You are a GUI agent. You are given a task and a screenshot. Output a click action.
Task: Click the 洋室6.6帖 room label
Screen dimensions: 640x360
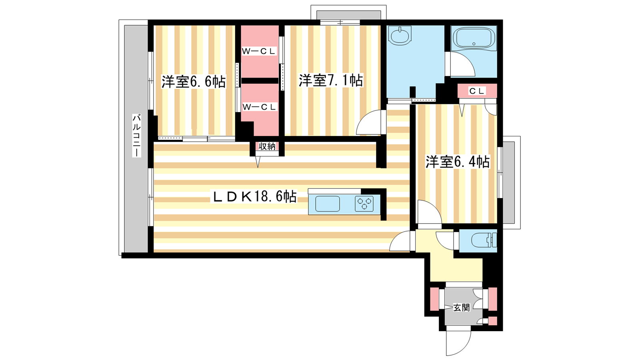pos(194,82)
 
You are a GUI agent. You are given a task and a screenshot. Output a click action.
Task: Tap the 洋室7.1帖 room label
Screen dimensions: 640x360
pos(331,80)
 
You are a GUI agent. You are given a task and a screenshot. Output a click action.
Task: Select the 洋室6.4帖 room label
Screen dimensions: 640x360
pos(458,162)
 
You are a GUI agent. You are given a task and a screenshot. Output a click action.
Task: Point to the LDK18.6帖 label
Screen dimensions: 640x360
pos(254,196)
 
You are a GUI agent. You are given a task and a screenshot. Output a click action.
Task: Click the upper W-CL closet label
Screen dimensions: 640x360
pos(259,51)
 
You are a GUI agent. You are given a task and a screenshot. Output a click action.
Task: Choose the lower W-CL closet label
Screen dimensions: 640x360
pos(260,107)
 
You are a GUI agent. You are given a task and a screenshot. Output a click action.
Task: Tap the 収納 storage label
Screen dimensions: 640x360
pos(267,146)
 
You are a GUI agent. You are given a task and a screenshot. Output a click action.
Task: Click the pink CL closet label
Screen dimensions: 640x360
pos(477,91)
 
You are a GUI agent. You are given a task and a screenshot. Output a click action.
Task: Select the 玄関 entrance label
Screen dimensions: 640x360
pos(462,308)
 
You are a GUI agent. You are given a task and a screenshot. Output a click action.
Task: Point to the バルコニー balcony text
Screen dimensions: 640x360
pos(136,136)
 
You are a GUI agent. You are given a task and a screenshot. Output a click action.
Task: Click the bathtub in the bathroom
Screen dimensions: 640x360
pos(474,39)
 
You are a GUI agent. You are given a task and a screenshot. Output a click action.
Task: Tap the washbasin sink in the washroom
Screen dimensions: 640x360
pos(400,36)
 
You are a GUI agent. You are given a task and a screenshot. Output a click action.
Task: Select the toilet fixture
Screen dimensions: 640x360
pos(484,240)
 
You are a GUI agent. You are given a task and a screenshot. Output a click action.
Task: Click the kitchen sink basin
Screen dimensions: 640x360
pos(328,204)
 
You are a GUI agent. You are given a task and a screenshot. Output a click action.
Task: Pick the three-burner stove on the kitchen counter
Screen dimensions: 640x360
pos(364,204)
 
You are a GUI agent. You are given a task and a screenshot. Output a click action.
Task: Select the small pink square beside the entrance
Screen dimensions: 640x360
pos(492,320)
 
